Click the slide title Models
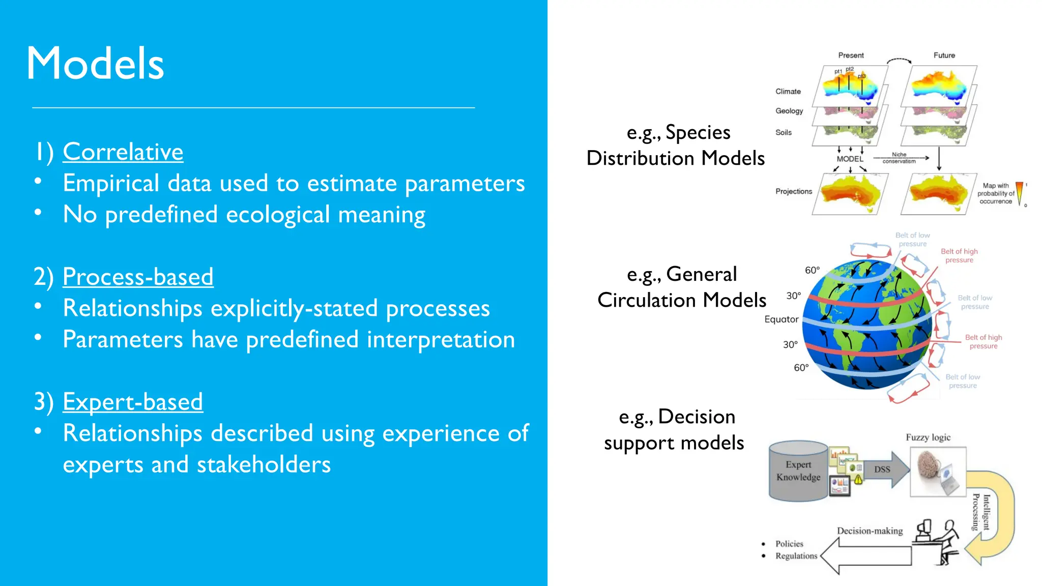tap(95, 64)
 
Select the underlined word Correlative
tap(123, 152)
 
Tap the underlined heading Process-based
tap(138, 277)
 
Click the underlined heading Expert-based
tap(133, 402)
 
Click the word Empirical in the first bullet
tap(111, 184)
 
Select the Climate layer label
tap(788, 92)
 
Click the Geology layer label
tap(789, 111)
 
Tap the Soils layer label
tap(783, 132)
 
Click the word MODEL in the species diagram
tap(850, 159)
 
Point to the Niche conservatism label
tap(899, 158)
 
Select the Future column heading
tap(944, 55)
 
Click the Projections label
tap(793, 191)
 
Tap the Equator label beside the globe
tap(781, 319)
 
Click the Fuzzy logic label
tap(928, 437)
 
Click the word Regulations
tap(796, 556)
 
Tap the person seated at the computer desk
tap(945, 542)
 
